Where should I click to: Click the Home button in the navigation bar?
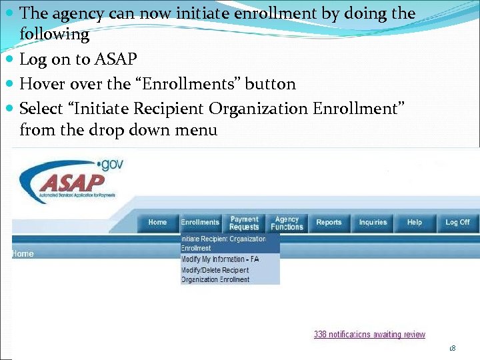[x=158, y=223]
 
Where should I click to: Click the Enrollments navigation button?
[x=200, y=223]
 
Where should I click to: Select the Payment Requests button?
[x=244, y=223]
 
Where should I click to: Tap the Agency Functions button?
[x=287, y=223]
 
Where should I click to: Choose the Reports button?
[x=329, y=223]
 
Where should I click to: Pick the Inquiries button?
[x=373, y=223]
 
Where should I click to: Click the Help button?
[x=415, y=223]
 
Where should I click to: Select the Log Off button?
[x=457, y=223]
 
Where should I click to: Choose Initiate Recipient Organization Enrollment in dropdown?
[x=223, y=243]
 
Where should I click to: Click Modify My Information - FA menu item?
[x=220, y=259]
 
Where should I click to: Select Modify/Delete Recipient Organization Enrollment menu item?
[x=215, y=275]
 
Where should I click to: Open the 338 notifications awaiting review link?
[x=369, y=335]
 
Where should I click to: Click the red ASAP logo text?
[x=72, y=182]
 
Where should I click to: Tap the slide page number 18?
[x=453, y=349]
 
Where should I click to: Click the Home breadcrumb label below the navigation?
[x=23, y=253]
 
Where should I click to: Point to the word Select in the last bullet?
[x=42, y=108]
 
